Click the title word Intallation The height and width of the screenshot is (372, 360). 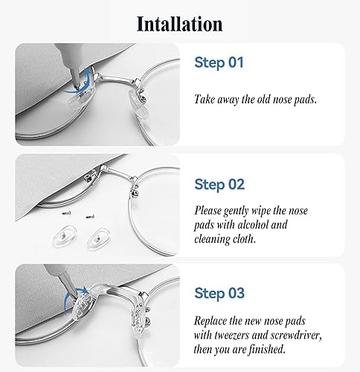pyautogui.click(x=180, y=24)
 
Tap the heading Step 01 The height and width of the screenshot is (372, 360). pyautogui.click(x=219, y=62)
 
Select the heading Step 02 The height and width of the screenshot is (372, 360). pyautogui.click(x=219, y=185)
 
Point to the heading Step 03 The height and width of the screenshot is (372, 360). pyautogui.click(x=219, y=293)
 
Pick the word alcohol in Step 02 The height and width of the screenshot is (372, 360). pyautogui.click(x=253, y=225)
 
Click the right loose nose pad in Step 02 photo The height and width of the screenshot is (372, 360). pyautogui.click(x=99, y=238)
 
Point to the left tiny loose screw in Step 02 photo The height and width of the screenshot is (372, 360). pyautogui.click(x=66, y=213)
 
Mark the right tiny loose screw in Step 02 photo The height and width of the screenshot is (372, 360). pyautogui.click(x=90, y=217)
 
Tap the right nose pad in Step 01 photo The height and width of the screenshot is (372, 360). pyautogui.click(x=138, y=105)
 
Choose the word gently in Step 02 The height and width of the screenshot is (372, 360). pyautogui.click(x=236, y=211)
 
